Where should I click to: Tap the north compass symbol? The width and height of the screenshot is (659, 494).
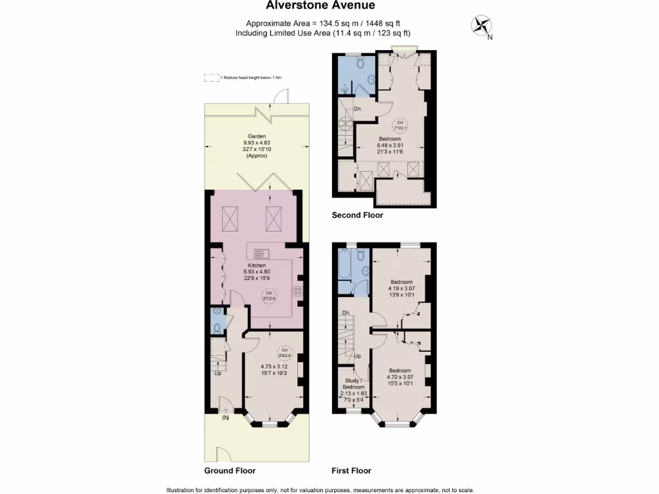click(x=481, y=26)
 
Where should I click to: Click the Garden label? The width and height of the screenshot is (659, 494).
click(x=257, y=136)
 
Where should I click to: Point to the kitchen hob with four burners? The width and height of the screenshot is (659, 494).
click(x=299, y=291)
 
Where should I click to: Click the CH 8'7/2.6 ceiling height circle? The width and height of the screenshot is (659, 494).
click(x=268, y=296)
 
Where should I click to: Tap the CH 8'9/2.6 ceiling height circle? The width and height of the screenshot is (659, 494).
click(x=284, y=352)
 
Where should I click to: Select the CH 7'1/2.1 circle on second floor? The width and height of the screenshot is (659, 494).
click(x=400, y=125)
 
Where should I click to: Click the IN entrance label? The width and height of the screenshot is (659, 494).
click(x=225, y=418)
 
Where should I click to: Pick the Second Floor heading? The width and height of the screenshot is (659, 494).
click(x=357, y=215)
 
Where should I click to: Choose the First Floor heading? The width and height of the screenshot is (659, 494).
click(x=351, y=470)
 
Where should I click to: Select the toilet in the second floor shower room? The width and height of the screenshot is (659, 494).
click(x=361, y=62)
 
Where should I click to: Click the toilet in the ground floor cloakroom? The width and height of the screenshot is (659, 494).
click(x=218, y=327)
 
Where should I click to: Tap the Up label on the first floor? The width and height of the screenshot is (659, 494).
click(x=358, y=356)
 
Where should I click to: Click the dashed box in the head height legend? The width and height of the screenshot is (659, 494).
click(x=210, y=77)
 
